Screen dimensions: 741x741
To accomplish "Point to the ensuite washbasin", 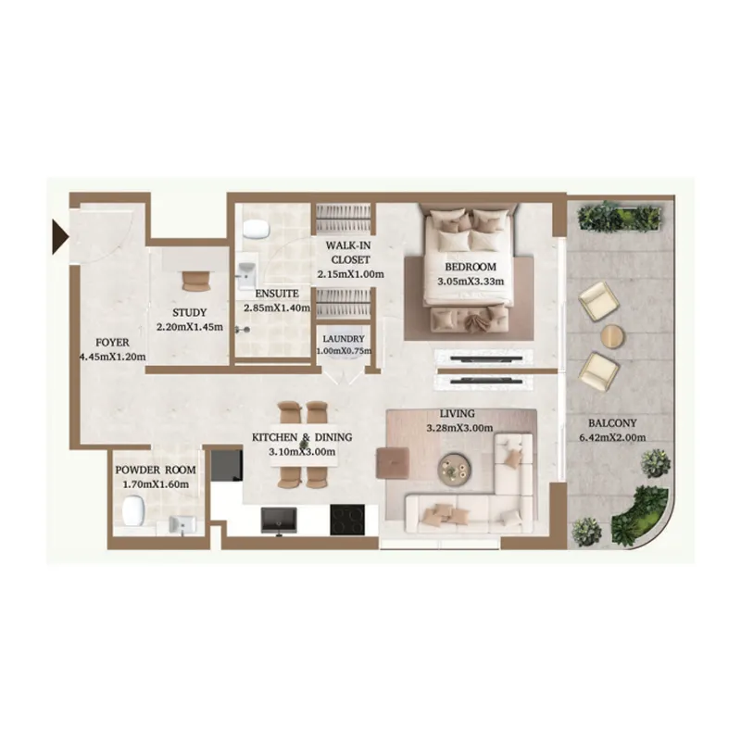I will pyautogui.click(x=247, y=275).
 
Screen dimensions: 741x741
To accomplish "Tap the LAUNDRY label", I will pyautogui.click(x=345, y=339).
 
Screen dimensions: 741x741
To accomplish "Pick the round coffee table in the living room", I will pyautogui.click(x=454, y=468).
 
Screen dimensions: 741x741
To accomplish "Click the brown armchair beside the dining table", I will pyautogui.click(x=392, y=460).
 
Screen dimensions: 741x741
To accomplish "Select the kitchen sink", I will pyautogui.click(x=278, y=521).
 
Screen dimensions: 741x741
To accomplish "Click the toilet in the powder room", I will pyautogui.click(x=133, y=510).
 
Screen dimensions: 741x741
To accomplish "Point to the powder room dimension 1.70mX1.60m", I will pyautogui.click(x=152, y=484).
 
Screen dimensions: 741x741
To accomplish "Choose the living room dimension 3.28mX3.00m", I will pyautogui.click(x=458, y=428).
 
